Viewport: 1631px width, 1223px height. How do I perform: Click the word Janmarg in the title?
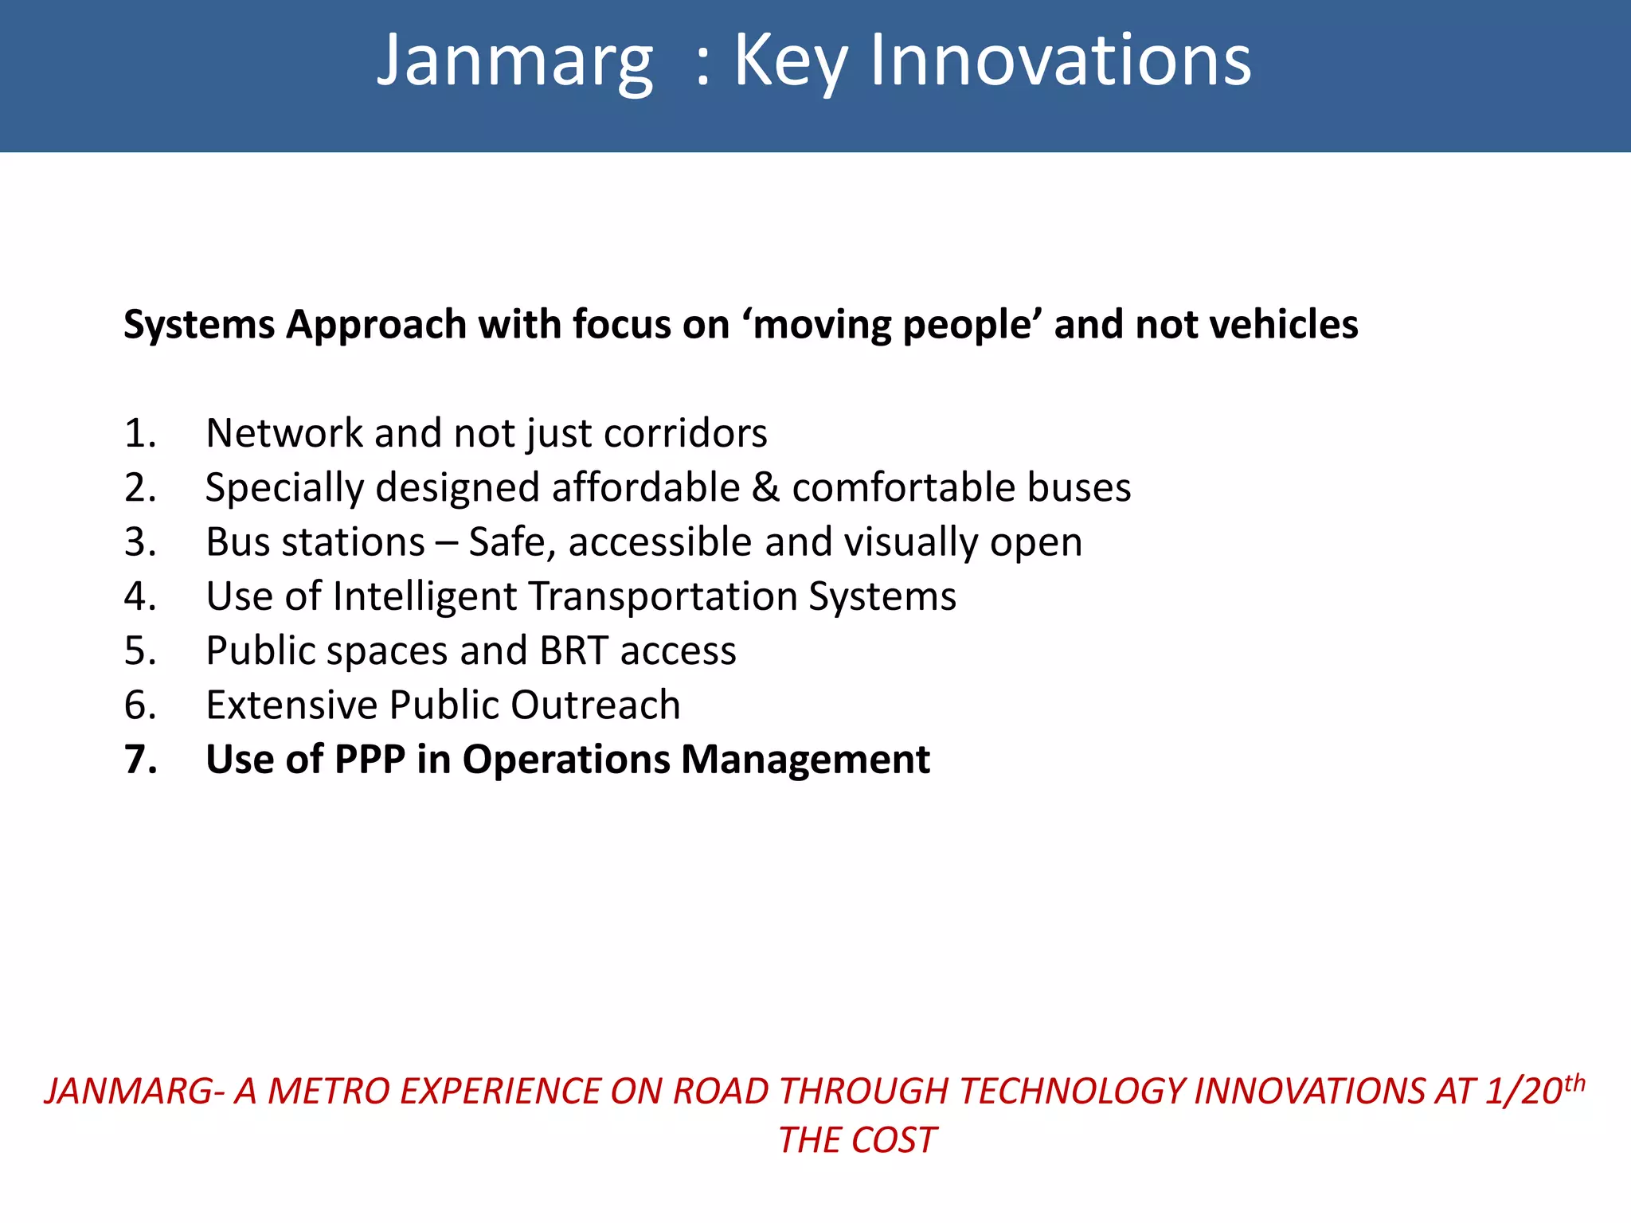coord(514,62)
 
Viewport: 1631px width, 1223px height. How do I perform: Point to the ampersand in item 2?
coord(765,488)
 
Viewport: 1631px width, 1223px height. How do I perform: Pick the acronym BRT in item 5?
coord(574,651)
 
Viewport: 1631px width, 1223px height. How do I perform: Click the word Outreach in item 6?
coord(595,705)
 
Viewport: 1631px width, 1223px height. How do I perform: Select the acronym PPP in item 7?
coord(370,760)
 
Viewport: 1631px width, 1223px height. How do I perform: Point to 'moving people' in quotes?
coord(893,325)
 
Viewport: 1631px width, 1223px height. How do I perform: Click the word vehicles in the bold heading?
coord(1283,325)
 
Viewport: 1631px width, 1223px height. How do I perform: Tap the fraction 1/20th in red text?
coord(1534,1091)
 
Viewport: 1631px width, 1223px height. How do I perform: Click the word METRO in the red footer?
coord(324,1092)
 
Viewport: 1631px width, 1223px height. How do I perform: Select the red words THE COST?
coord(857,1141)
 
